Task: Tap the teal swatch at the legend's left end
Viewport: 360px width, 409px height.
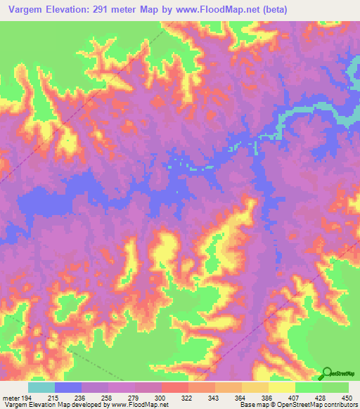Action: pos(41,387)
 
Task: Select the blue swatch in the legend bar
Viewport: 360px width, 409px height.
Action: pos(68,387)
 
